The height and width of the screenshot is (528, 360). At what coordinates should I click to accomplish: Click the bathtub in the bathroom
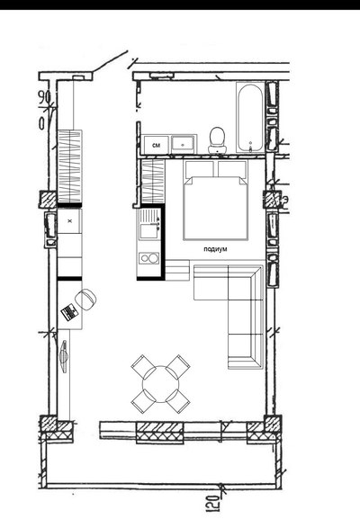click(250, 118)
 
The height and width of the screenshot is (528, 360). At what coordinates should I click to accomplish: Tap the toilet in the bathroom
click(217, 140)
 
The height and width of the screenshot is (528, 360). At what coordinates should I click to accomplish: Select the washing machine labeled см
click(156, 144)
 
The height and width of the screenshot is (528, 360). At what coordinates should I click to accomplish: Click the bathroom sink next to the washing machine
click(183, 144)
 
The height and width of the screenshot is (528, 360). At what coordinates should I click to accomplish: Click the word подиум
click(215, 249)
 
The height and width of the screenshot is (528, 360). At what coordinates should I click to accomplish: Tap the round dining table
click(160, 384)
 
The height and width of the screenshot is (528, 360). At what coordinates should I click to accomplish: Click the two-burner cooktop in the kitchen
click(149, 258)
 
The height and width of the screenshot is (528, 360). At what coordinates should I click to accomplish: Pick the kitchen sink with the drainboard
click(149, 224)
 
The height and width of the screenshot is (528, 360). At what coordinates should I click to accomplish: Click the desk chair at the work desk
click(86, 300)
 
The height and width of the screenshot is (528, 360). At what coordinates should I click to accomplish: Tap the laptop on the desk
click(70, 312)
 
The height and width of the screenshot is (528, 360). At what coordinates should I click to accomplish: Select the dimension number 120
click(213, 503)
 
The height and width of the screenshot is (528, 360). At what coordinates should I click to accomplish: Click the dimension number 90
click(44, 97)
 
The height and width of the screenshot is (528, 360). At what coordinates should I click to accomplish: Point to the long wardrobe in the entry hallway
click(70, 166)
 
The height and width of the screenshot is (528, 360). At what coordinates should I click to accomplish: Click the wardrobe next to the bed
click(153, 182)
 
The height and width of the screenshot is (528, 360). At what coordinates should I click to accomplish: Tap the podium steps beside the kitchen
click(177, 270)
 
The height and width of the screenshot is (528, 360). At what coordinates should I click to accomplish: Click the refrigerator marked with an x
click(69, 221)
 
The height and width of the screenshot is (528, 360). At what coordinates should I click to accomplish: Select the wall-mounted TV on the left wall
click(64, 357)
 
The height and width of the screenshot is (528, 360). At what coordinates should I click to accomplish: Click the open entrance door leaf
click(110, 61)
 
